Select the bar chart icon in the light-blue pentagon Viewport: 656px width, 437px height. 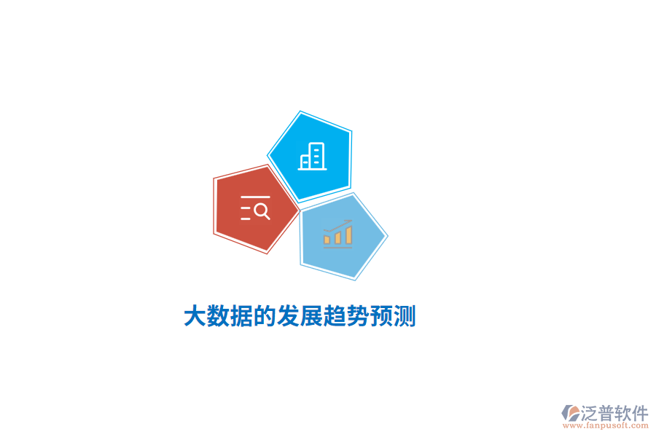click(x=338, y=234)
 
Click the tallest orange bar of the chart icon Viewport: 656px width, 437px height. click(x=349, y=235)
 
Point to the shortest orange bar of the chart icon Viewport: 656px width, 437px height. click(x=327, y=239)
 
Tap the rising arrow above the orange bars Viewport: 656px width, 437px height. click(x=338, y=226)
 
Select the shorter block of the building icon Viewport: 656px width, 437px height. click(x=305, y=162)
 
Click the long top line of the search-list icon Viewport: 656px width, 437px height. click(x=255, y=197)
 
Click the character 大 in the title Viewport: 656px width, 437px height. click(x=194, y=316)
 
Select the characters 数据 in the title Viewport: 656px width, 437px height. click(x=229, y=316)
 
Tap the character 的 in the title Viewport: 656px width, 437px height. click(x=264, y=316)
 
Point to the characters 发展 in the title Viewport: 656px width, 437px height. click(x=299, y=316)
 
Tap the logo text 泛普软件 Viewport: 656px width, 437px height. click(x=614, y=413)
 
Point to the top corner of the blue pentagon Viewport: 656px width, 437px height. click(x=300, y=112)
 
